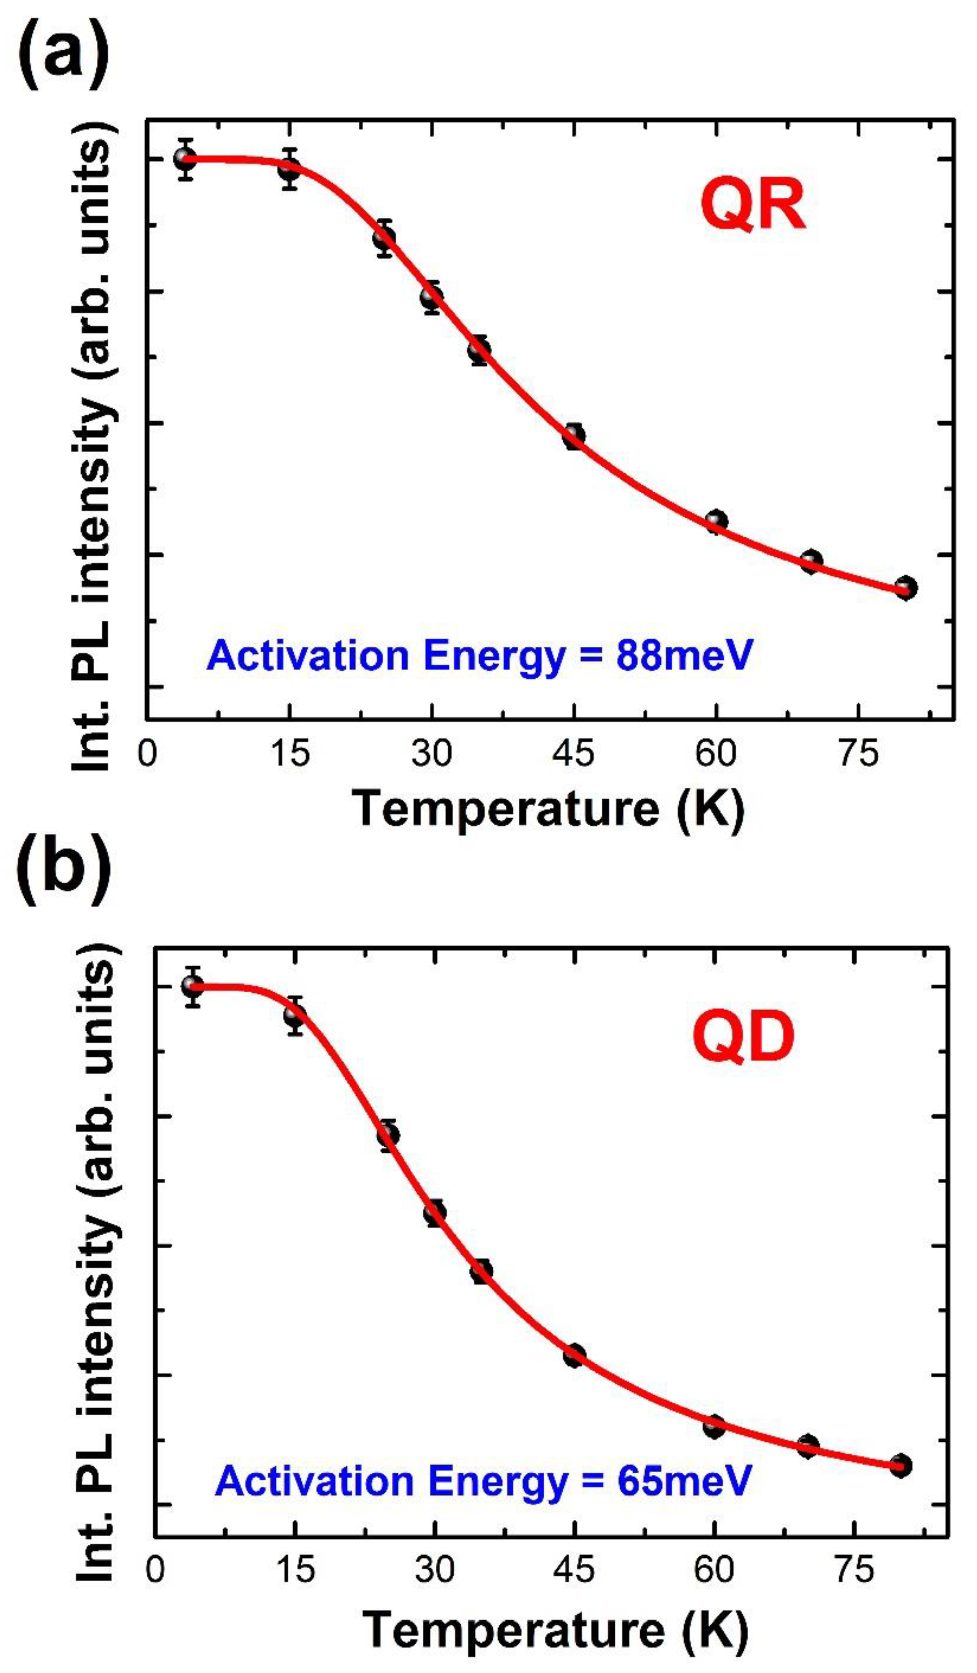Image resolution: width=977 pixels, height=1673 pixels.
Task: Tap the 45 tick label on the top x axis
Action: coord(575,754)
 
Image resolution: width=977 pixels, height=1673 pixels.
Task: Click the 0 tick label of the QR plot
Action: coord(147,754)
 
